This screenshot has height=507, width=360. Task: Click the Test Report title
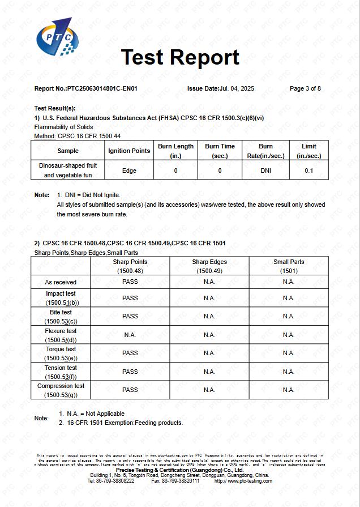180,57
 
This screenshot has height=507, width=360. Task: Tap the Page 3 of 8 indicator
305,88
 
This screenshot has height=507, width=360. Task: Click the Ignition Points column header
129,151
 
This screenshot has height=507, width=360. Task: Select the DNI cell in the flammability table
265,171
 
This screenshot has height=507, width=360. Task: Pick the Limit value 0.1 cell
308,171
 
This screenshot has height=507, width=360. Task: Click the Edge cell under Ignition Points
129,171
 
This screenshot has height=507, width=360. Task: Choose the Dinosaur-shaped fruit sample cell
68,171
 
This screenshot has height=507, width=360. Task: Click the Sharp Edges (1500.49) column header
209,266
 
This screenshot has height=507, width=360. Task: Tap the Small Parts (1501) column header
289,266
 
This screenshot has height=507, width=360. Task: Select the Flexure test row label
61,335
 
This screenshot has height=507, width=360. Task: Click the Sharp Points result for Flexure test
130,335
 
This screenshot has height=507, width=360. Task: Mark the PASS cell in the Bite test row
130,316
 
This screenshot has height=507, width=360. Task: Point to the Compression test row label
61,390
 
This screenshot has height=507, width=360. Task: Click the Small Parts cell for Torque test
289,353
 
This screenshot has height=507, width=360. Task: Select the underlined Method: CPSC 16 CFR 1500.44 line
78,136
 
